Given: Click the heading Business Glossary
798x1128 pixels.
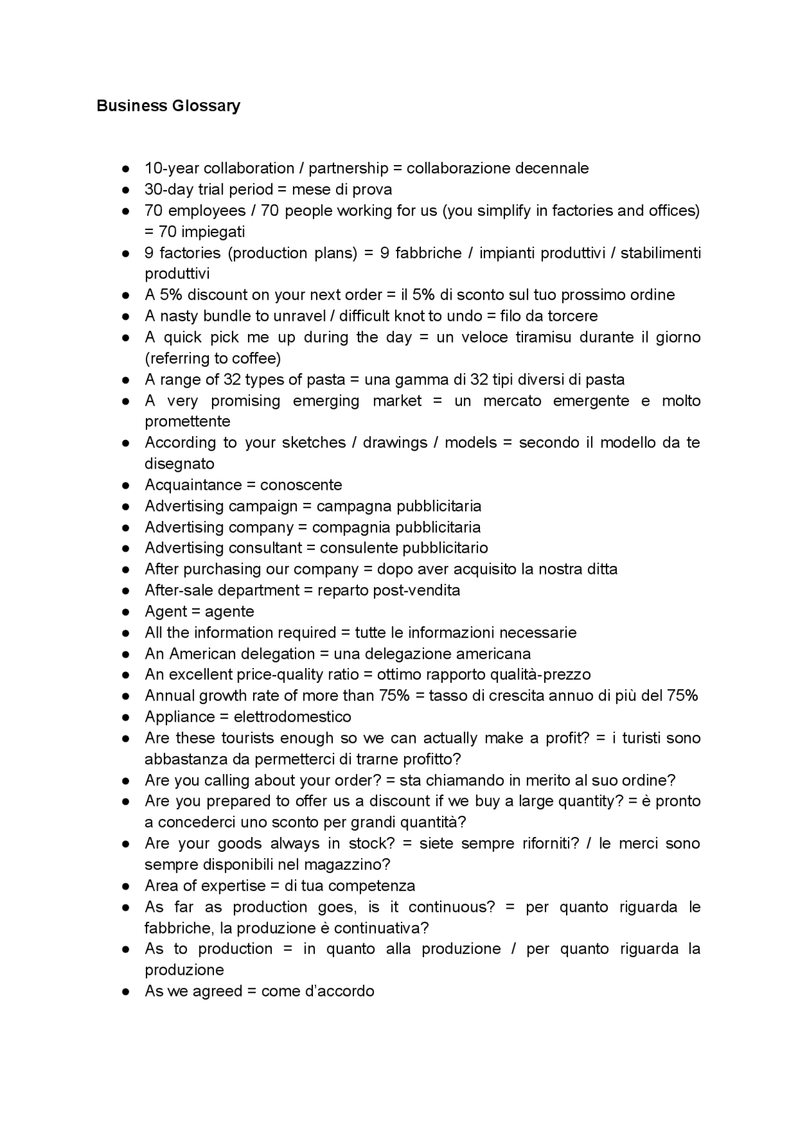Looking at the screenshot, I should point(168,106).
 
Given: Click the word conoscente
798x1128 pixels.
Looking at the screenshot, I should point(301,485).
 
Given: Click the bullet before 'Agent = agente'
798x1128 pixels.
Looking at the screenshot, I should point(125,612).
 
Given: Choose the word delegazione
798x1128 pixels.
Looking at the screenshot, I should point(408,654).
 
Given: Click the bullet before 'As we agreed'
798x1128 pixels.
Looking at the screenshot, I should point(125,992).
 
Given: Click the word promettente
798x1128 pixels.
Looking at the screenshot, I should point(188,422).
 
